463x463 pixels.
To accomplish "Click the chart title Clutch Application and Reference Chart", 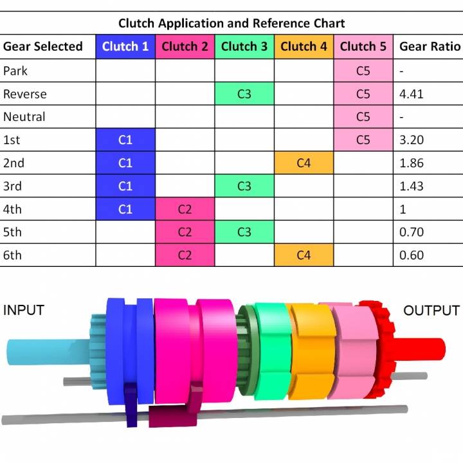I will point(232,23).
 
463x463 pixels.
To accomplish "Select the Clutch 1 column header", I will point(125,46).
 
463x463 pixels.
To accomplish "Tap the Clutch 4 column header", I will point(304,46).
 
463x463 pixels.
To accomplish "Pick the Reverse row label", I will point(25,94).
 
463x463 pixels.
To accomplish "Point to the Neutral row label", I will point(24,117).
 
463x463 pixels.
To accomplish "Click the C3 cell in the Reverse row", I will point(244,94).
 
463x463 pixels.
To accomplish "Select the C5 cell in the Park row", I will point(363,71).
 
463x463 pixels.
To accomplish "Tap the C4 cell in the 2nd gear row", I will point(304,163).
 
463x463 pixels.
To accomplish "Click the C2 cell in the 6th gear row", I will point(185,255).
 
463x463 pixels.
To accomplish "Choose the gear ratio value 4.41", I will point(412,94).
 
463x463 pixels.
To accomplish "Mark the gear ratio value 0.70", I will point(412,232).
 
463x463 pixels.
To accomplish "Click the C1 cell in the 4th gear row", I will point(125,209).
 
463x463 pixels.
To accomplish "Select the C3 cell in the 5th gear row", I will point(244,232).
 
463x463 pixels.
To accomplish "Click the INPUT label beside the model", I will point(24,310).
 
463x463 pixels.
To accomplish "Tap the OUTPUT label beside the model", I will point(431,311).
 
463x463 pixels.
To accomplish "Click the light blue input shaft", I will point(39,350).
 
